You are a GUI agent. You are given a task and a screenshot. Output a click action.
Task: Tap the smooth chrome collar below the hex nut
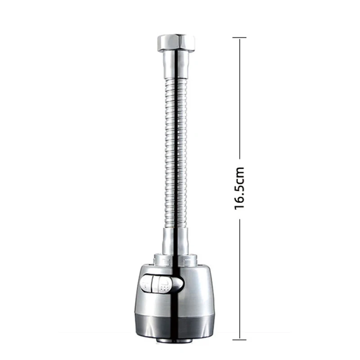click(x=176, y=65)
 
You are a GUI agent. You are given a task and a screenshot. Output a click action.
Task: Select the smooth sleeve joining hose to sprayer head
click(x=176, y=241)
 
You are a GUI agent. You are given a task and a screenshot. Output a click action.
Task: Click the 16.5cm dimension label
click(x=239, y=188)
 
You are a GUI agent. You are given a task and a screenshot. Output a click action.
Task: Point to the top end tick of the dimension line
click(x=239, y=37)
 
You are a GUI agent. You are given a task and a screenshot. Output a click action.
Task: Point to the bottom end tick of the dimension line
click(x=239, y=340)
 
